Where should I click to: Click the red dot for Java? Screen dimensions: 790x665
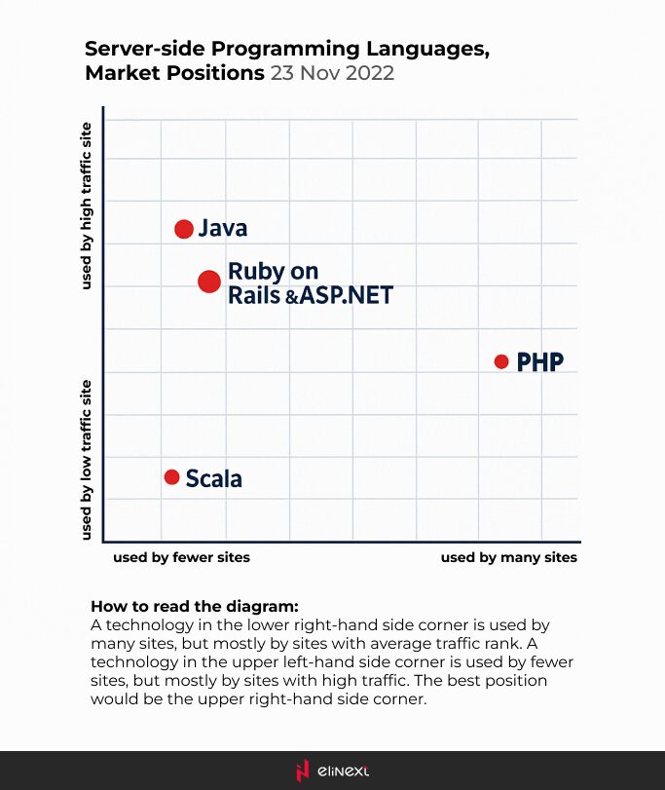click(x=184, y=229)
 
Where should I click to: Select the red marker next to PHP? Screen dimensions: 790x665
click(x=501, y=361)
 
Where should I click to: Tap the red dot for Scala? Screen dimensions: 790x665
click(x=171, y=477)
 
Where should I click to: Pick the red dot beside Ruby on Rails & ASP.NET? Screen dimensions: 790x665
click(x=209, y=282)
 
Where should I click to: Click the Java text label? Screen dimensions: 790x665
click(x=223, y=229)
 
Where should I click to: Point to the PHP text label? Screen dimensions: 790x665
click(x=540, y=362)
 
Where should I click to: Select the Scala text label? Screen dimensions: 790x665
click(x=214, y=478)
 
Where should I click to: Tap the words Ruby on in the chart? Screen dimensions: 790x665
click(x=273, y=271)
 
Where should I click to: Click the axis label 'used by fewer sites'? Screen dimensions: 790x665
click(x=181, y=557)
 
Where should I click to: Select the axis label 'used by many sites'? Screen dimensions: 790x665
click(x=508, y=557)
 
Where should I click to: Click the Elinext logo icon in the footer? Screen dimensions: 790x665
click(x=303, y=770)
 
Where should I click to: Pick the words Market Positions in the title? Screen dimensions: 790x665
click(x=172, y=73)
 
